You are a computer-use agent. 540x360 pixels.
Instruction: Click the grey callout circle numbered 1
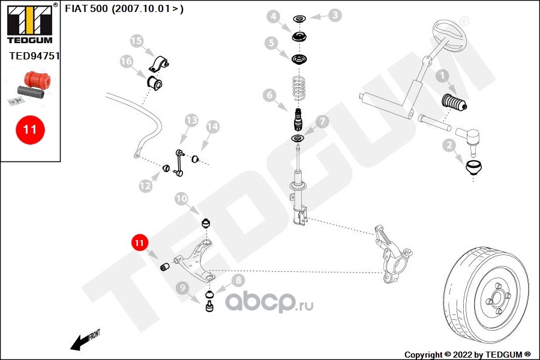coord(442,77)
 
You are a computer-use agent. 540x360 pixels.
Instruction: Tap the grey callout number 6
coord(268,95)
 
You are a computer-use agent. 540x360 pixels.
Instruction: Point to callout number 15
coord(137,41)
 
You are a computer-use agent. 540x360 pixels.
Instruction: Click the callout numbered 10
coord(182,198)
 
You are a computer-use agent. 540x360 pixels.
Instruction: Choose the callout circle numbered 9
coord(182,287)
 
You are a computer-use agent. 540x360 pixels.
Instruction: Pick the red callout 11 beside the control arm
coord(139,243)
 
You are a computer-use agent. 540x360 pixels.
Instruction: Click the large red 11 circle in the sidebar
coord(29,129)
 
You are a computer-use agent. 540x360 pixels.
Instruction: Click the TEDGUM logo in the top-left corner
coord(29,23)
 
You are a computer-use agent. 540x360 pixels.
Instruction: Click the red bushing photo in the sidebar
coord(35,79)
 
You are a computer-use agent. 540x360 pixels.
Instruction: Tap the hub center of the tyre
coord(497,298)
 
